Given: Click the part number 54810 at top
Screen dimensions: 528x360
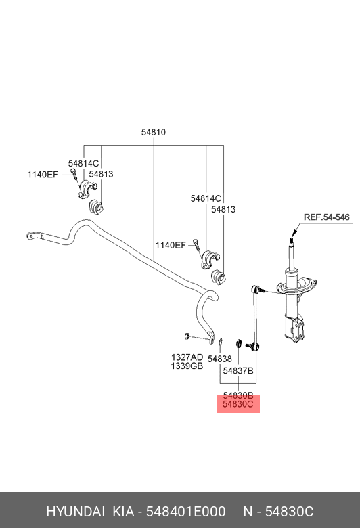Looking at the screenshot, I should pyautogui.click(x=154, y=133).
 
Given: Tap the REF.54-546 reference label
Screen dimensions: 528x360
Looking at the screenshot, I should pyautogui.click(x=326, y=217).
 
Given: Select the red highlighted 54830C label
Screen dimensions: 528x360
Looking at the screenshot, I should pyautogui.click(x=238, y=405).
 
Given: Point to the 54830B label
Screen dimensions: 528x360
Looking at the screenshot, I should pyautogui.click(x=238, y=395).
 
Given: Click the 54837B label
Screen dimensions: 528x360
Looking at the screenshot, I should pyautogui.click(x=238, y=371).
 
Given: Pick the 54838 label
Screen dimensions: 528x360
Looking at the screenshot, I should pyautogui.click(x=220, y=359).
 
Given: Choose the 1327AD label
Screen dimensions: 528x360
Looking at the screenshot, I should pyautogui.click(x=187, y=357).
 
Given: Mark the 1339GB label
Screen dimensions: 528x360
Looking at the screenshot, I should pyautogui.click(x=187, y=366).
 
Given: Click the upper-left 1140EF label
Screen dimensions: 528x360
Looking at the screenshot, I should pyautogui.click(x=43, y=175).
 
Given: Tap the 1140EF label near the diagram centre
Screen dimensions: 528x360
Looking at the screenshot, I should pyautogui.click(x=171, y=245).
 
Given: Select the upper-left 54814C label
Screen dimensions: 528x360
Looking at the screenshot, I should pyautogui.click(x=84, y=163).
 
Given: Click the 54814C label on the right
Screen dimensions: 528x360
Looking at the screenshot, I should pyautogui.click(x=206, y=198).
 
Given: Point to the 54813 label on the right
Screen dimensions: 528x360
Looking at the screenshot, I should pyautogui.click(x=223, y=210).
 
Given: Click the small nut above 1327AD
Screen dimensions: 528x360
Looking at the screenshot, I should pyautogui.click(x=185, y=336).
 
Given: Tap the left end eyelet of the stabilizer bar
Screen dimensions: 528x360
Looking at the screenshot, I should pyautogui.click(x=31, y=236).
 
